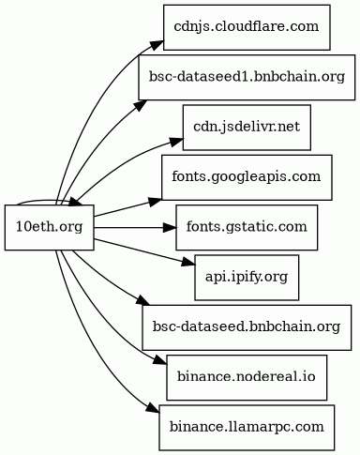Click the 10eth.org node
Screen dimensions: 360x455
click(50, 227)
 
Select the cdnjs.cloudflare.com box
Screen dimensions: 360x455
click(247, 27)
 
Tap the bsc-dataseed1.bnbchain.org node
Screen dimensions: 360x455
click(247, 77)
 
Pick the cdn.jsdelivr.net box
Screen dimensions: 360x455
click(247, 128)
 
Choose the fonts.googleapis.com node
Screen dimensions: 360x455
click(247, 177)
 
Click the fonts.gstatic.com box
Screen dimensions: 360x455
click(247, 227)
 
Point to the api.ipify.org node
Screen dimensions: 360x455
click(247, 278)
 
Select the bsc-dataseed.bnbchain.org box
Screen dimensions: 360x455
click(247, 327)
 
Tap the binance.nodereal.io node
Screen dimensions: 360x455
click(247, 377)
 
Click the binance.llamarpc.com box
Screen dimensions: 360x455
click(247, 428)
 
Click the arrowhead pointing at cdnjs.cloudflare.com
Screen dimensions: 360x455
click(157, 45)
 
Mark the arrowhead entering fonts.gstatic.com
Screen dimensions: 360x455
click(170, 227)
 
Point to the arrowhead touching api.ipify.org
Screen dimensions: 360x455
click(188, 262)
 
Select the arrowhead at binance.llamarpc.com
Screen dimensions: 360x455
click(153, 408)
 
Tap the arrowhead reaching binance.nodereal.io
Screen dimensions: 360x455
click(160, 361)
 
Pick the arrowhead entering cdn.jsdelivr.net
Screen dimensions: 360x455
click(176, 141)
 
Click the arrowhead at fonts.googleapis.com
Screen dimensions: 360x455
click(156, 202)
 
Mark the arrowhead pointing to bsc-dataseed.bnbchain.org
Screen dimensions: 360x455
click(143, 301)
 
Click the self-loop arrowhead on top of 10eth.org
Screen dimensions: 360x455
click(76, 203)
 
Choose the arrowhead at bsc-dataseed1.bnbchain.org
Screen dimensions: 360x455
click(142, 104)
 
